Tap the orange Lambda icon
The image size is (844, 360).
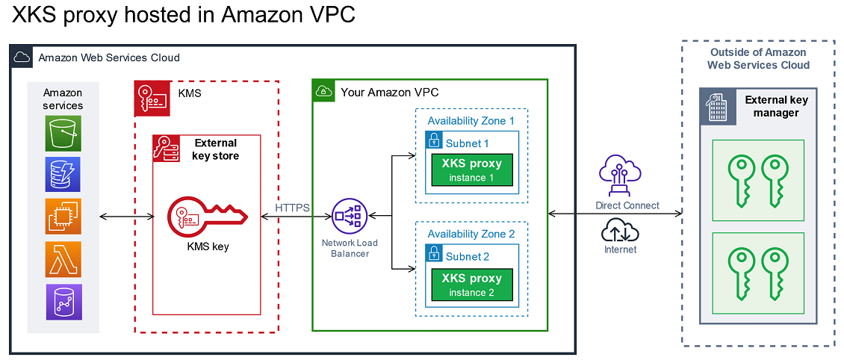coord(63,259)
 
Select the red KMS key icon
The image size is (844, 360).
coord(204,217)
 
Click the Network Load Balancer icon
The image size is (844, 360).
coord(349,217)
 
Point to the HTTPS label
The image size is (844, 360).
coord(292,208)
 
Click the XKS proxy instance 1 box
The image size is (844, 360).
coord(471,170)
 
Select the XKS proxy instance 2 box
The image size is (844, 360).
coord(471,285)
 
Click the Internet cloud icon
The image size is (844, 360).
coord(619,229)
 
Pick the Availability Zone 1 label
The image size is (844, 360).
coord(471,120)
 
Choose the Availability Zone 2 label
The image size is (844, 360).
coord(471,234)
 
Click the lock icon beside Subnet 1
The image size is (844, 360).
coord(434,140)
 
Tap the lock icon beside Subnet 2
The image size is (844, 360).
coord(434,254)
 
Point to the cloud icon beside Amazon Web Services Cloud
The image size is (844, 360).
coord(22,57)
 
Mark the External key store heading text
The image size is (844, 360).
coord(215,149)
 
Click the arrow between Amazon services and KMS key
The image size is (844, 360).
coord(126,217)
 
